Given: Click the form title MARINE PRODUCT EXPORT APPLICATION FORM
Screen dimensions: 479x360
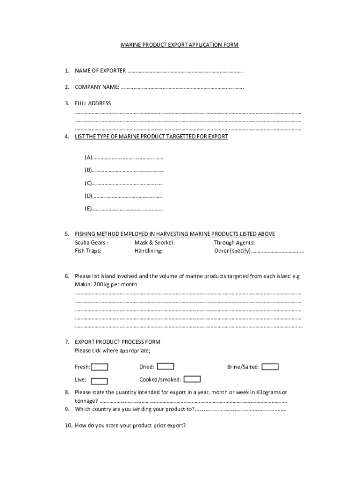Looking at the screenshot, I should [180, 45].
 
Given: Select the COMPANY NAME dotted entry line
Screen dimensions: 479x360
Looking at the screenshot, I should [182, 87].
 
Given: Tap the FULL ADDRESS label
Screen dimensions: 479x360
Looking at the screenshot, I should [93, 103].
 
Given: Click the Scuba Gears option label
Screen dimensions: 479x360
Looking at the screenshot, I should [92, 242].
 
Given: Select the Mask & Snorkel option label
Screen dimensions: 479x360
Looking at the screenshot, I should [154, 242].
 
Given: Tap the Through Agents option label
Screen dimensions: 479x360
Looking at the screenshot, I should [234, 242].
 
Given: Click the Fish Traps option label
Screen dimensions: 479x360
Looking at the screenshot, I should [88, 251].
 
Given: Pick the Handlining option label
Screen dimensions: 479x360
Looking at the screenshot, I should [148, 251].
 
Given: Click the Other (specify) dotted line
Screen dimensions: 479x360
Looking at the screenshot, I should [278, 252].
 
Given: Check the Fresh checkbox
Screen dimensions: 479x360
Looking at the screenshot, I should [100, 367].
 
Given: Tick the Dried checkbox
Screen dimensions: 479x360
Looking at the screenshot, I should [166, 366].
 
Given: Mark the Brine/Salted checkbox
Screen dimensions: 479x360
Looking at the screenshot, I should [270, 367].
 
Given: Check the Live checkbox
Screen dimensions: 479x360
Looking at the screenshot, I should [99, 381].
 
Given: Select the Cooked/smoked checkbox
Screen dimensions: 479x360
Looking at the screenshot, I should [192, 379].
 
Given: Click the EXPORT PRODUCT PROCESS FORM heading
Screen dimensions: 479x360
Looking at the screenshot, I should [117, 342].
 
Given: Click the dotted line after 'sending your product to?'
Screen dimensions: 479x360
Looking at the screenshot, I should [241, 410].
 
